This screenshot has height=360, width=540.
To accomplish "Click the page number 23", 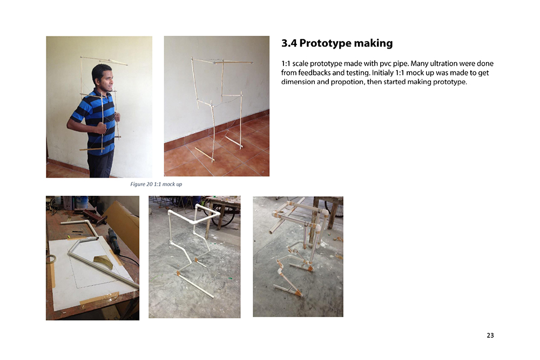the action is pyautogui.click(x=490, y=335).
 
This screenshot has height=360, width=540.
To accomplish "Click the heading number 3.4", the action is pyautogui.click(x=289, y=43).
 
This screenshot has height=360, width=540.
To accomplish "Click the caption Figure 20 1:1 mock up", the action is pyautogui.click(x=156, y=184).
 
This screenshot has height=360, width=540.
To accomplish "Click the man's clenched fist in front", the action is pyautogui.click(x=102, y=128).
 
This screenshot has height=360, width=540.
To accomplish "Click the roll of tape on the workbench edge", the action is pyautogui.click(x=52, y=259).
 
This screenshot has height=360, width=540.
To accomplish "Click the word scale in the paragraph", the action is pyautogui.click(x=300, y=64).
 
